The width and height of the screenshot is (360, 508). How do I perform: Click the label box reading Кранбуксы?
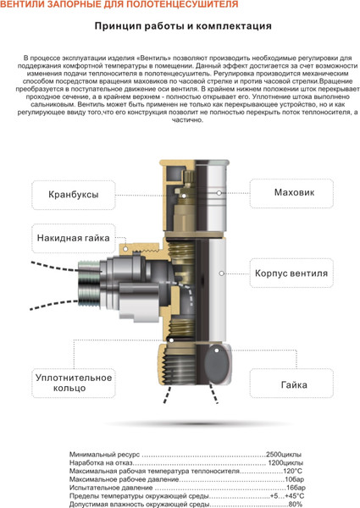tap(73, 195)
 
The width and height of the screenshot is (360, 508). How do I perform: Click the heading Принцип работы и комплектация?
tap(183, 25)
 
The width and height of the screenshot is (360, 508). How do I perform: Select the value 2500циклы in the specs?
tap(284, 455)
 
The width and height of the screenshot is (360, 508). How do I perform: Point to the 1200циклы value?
tap(285, 463)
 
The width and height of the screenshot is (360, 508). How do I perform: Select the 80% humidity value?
tap(295, 504)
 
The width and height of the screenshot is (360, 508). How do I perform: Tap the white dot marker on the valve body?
tap(220, 273)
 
